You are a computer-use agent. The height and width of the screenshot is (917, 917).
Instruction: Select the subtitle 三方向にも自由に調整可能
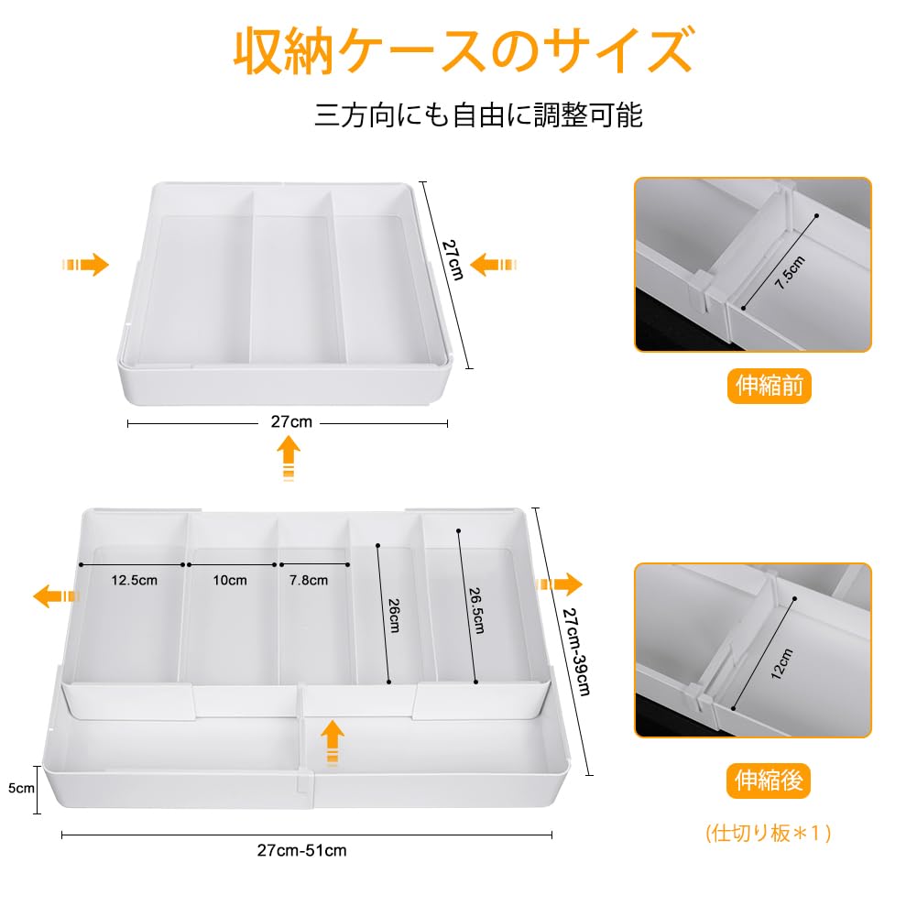[479, 115]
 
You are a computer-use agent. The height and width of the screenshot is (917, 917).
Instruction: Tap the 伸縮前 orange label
[770, 387]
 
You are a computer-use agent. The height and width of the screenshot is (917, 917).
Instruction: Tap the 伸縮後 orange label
[770, 781]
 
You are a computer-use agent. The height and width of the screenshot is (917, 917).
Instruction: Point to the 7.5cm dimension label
[790, 273]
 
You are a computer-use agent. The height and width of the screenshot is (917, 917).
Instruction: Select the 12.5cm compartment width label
[135, 580]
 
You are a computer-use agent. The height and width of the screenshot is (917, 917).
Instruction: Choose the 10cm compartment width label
[230, 580]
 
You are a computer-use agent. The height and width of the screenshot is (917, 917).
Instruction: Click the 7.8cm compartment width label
[308, 580]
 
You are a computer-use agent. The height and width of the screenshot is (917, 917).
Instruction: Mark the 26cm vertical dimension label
[393, 615]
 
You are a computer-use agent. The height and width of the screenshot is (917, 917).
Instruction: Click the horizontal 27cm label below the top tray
[291, 422]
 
